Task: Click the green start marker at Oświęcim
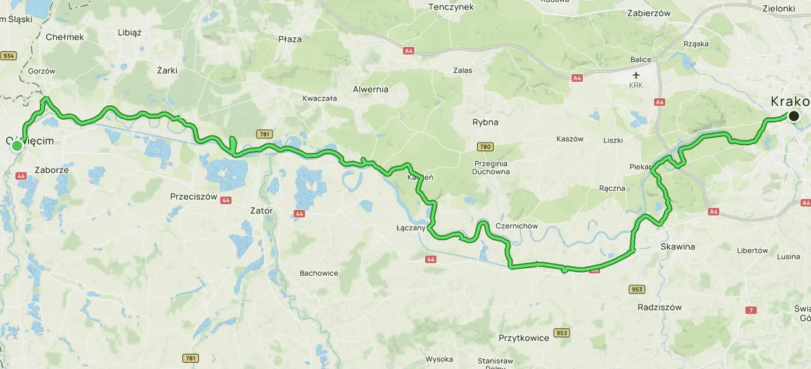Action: pyautogui.click(x=17, y=146)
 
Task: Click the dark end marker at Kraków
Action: pyautogui.click(x=793, y=116)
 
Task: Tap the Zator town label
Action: pyautogui.click(x=262, y=210)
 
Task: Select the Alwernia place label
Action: pyautogui.click(x=371, y=89)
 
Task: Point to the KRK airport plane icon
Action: pyautogui.click(x=636, y=75)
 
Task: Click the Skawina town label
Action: pyautogui.click(x=677, y=246)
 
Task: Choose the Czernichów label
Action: pyautogui.click(x=517, y=226)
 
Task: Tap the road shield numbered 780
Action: pyautogui.click(x=485, y=147)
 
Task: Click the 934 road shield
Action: pyautogui.click(x=8, y=56)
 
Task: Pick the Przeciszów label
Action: pyautogui.click(x=193, y=197)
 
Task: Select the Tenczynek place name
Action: pyautogui.click(x=451, y=7)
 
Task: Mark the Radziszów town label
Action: pyautogui.click(x=660, y=307)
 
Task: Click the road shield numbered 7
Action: pyautogui.click(x=751, y=310)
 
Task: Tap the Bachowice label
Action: pyautogui.click(x=319, y=273)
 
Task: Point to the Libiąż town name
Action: pyautogui.click(x=130, y=32)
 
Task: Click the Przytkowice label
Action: pyautogui.click(x=523, y=338)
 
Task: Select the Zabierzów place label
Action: pyautogui.click(x=648, y=12)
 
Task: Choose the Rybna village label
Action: pyautogui.click(x=485, y=122)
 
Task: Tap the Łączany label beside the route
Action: pyautogui.click(x=410, y=228)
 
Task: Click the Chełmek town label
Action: pyautogui.click(x=65, y=37)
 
